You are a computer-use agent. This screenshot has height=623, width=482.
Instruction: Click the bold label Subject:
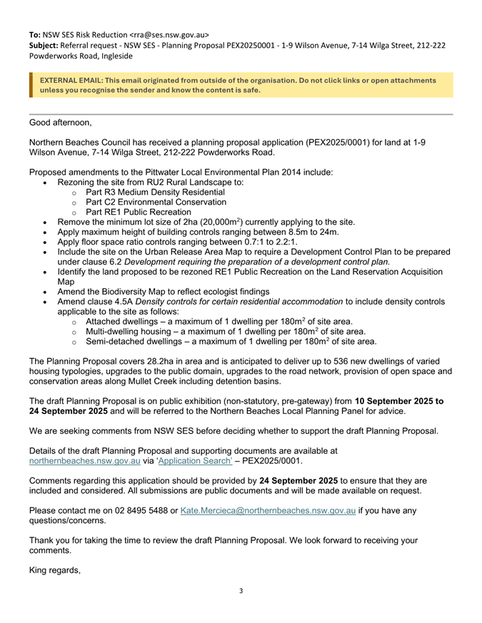[44, 45]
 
